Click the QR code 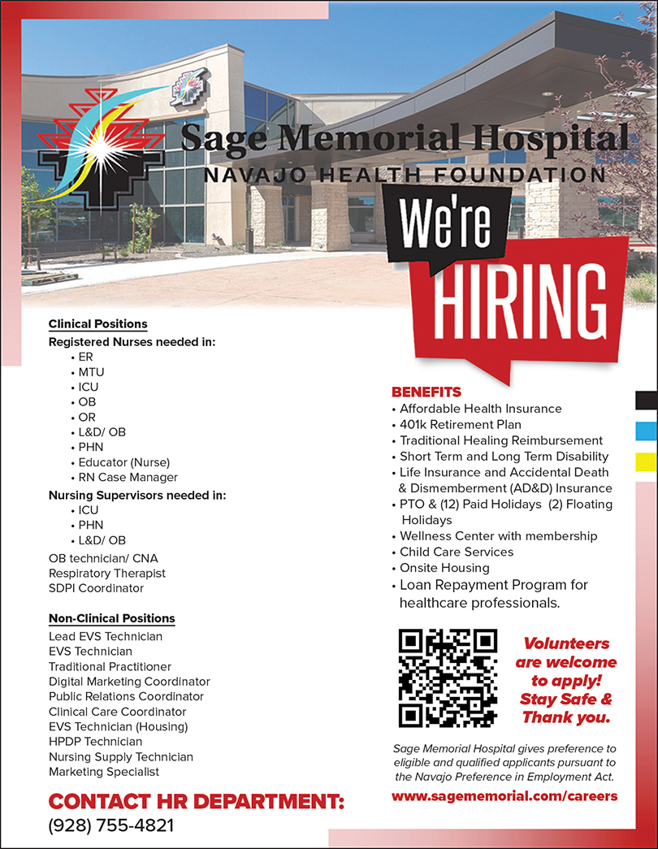pos(448,678)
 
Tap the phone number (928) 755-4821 pos(111,826)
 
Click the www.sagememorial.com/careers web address pos(504,795)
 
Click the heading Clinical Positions pos(97,324)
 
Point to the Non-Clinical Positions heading pos(111,618)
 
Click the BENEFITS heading pos(426,392)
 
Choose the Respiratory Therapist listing pos(106,573)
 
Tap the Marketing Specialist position pos(104,771)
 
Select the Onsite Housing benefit pos(444,568)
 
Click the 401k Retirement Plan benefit pos(461,424)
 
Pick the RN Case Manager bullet pos(128,477)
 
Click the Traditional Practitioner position pos(108,666)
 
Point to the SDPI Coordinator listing pos(96,587)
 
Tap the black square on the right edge pos(647,400)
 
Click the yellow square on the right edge pos(647,461)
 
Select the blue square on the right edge pos(647,430)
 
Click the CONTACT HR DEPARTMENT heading pos(197,803)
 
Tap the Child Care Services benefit pos(457,552)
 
